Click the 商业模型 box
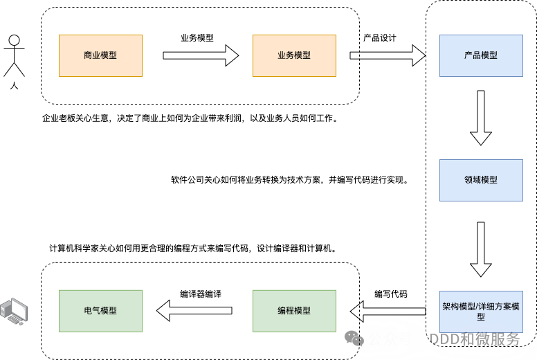tap(100, 55)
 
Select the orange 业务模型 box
tap(294, 55)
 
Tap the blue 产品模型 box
tap(481, 55)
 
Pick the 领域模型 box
tap(481, 180)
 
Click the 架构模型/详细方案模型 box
tap(481, 311)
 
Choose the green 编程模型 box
tap(294, 311)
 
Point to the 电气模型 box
tap(100, 311)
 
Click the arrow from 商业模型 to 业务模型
tap(200, 55)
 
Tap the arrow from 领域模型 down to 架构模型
tap(481, 249)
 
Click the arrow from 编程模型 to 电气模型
tap(194, 311)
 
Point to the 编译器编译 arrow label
tap(201, 294)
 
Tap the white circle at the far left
tap(14, 40)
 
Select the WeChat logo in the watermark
tap(354, 339)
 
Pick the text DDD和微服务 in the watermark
tap(474, 339)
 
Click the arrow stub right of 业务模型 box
tap(354, 55)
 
